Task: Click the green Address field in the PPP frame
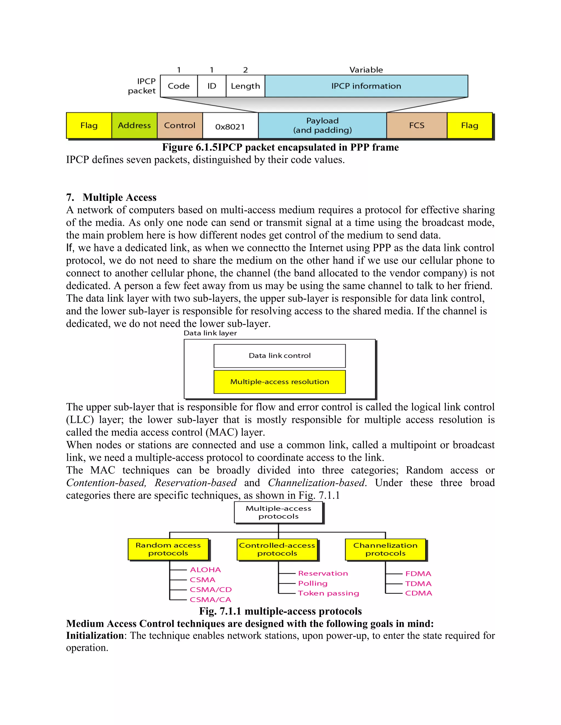point(134,126)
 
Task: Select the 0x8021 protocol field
point(230,126)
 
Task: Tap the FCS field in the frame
point(416,126)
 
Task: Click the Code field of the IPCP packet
point(179,86)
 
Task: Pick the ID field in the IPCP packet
point(212,86)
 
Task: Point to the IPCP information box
point(366,86)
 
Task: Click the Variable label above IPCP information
point(366,70)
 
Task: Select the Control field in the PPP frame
point(179,126)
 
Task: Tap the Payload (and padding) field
point(322,126)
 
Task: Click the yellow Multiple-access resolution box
point(279,382)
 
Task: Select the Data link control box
point(279,356)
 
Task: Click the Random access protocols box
point(168,549)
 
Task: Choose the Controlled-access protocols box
point(277,549)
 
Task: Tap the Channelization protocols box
point(385,549)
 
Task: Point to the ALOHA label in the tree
point(205,570)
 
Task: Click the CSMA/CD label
point(211,590)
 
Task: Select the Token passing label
point(328,593)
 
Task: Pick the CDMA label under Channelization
point(419,593)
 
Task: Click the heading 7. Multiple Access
point(111,197)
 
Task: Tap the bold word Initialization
point(95,635)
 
